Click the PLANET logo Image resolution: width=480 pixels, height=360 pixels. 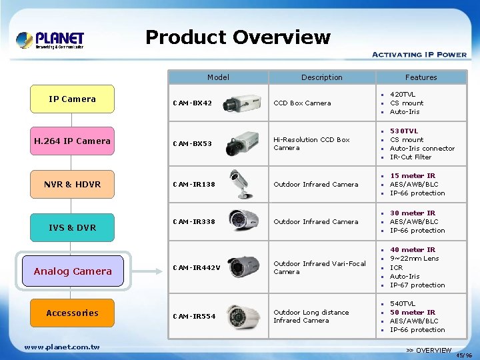(50, 40)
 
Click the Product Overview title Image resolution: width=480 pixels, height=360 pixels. (237, 37)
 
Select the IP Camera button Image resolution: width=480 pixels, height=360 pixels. (72, 99)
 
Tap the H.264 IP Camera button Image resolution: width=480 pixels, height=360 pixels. (72, 141)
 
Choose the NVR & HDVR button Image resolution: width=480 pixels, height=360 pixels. (72, 185)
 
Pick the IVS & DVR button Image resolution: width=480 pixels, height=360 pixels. (72, 228)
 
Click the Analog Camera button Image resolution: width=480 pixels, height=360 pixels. (73, 271)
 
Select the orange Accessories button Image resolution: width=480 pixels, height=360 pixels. (72, 313)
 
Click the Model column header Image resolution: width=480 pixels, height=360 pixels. (218, 77)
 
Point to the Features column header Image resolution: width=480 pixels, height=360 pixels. (421, 77)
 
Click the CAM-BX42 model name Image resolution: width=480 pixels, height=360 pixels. (192, 103)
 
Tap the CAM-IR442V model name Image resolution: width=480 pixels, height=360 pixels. (196, 268)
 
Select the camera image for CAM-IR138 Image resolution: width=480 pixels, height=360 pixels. (244, 184)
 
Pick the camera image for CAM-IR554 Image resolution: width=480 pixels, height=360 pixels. (243, 316)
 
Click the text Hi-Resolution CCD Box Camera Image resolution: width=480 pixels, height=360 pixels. (311, 144)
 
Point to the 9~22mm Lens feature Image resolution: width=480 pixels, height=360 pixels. (414, 259)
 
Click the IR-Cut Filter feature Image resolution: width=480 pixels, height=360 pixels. (411, 157)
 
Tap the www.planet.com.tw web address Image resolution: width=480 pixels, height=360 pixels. (61, 347)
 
